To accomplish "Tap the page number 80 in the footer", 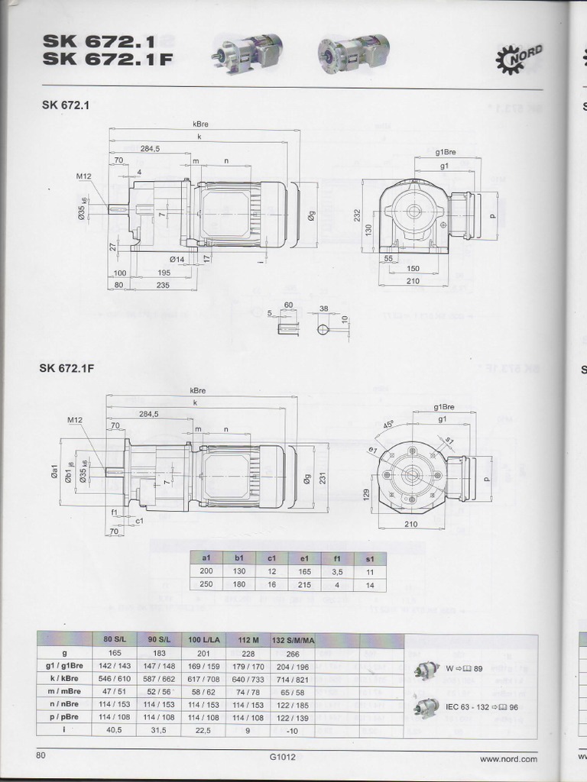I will [41, 755].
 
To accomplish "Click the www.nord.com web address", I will [508, 758].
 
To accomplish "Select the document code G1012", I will [282, 758].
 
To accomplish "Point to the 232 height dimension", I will [357, 215].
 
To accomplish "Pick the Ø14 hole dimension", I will [177, 260].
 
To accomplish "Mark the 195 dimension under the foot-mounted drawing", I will [164, 273].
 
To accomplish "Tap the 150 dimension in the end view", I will [413, 269].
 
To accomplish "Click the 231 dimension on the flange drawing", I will [322, 477].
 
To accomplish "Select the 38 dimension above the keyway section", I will [323, 309].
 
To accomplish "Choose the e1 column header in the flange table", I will [304, 558].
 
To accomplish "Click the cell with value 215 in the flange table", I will [304, 584].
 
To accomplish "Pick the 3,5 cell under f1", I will [337, 571].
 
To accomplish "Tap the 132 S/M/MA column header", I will [293, 640].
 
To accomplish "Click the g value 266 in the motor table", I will [293, 653].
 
